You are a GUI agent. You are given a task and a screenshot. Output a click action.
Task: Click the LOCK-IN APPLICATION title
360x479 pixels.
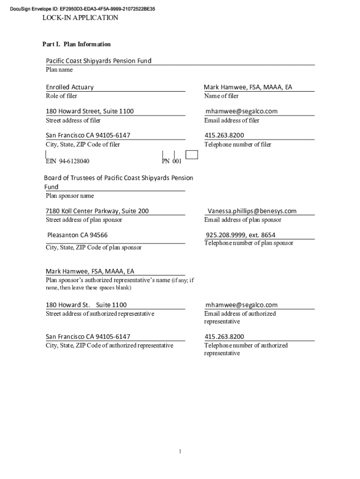coord(80,18)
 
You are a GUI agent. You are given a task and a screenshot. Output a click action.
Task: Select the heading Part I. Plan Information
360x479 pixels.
coord(77,44)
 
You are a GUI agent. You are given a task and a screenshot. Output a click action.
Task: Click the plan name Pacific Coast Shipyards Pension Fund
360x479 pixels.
coord(99,61)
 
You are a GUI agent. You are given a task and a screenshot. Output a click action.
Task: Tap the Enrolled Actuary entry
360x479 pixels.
coord(70,87)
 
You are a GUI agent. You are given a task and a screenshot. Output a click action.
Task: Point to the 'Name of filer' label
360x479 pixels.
coord(221,96)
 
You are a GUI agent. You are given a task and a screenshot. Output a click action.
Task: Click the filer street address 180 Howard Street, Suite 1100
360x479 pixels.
coord(90,111)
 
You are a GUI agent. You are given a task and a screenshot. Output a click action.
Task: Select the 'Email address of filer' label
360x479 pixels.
coord(231,120)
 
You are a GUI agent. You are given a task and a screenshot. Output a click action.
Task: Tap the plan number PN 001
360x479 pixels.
coord(172,161)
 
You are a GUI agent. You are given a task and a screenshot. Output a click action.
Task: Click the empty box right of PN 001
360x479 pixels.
coord(192,155)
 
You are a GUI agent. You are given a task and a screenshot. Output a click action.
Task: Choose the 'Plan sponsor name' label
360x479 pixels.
coord(70,196)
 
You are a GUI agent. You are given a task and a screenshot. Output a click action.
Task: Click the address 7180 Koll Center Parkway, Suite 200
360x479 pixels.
coord(97,211)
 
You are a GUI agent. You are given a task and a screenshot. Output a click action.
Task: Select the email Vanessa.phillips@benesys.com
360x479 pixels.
coord(252,211)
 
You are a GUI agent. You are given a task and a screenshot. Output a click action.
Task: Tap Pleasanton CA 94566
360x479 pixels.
coord(74,235)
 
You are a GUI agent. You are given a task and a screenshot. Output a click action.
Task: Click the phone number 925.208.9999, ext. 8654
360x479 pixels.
coord(240,235)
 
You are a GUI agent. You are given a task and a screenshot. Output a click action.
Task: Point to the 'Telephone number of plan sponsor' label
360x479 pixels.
coord(249,243)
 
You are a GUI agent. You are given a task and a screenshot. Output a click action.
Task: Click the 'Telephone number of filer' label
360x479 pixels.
coord(238,145)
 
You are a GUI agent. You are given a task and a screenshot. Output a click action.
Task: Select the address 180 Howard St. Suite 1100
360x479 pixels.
coord(86,305)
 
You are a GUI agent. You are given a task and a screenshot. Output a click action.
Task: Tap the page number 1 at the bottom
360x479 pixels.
coord(180,451)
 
